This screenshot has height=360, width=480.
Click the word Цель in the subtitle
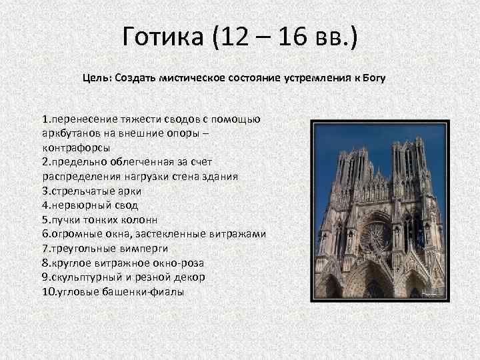(95, 78)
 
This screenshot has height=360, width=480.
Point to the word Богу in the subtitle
(373, 78)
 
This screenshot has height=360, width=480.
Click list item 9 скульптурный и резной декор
(123, 276)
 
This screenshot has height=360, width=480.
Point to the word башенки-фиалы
(139, 291)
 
